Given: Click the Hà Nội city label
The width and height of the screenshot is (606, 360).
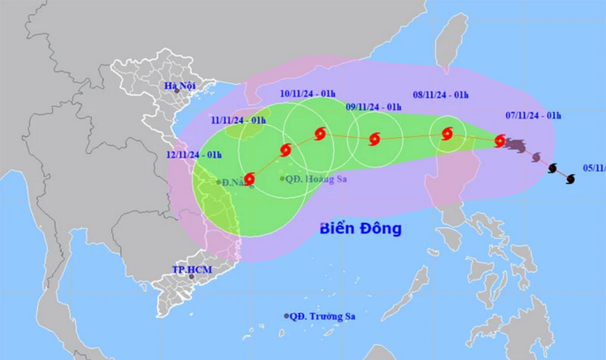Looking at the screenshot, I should (x=180, y=86).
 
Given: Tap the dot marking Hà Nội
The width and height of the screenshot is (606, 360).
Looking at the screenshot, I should (x=174, y=96).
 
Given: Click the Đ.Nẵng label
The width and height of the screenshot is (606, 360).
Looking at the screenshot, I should (x=237, y=182).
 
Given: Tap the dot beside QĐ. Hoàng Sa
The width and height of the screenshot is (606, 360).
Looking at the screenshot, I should (x=282, y=178).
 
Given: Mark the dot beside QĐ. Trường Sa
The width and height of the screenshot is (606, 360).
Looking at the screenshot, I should (x=286, y=316).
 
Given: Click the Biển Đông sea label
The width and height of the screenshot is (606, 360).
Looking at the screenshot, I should (x=361, y=228).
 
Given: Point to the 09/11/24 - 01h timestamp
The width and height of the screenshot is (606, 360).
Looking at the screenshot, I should (x=375, y=107).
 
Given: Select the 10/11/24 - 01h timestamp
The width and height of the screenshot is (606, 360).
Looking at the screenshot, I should (x=308, y=93).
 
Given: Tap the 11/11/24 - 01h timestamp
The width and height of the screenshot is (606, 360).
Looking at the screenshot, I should (x=237, y=121).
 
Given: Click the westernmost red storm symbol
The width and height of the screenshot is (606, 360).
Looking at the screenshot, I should (x=248, y=178).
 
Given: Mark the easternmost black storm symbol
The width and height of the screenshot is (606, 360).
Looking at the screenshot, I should (x=570, y=178).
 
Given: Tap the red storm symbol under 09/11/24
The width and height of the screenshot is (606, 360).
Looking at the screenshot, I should (x=374, y=139).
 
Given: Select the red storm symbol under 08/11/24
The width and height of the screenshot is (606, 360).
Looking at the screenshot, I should (x=447, y=133).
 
